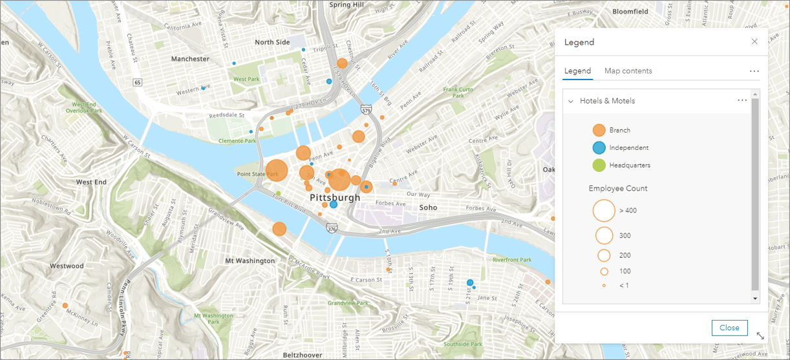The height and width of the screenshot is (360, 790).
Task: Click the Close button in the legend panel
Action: tap(729, 328)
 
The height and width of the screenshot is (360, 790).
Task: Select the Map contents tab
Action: tap(628, 71)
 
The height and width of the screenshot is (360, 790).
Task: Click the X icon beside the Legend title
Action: tap(754, 42)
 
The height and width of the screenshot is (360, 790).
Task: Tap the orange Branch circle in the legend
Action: tap(599, 130)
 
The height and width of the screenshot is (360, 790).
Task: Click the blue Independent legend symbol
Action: tap(599, 147)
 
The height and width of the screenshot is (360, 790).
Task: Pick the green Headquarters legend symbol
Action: tap(599, 165)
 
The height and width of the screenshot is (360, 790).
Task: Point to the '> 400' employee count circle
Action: tap(604, 210)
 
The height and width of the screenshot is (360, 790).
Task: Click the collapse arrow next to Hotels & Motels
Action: tap(571, 101)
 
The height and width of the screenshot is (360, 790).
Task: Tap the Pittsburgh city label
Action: tap(334, 197)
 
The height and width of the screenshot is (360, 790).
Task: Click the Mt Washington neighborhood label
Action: tap(250, 261)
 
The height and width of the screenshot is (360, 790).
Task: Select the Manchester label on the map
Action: tap(190, 59)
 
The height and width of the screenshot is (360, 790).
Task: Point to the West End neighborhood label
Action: tap(91, 182)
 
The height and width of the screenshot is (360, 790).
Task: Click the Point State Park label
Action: tap(257, 175)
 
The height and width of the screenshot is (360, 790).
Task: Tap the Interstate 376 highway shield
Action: tap(332, 229)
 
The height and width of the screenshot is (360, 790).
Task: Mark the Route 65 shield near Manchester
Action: tap(138, 83)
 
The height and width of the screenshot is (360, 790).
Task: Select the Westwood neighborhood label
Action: tap(67, 266)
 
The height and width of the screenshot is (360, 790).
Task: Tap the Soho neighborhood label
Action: tap(428, 207)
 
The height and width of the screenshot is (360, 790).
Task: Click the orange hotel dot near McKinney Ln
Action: tap(65, 305)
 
